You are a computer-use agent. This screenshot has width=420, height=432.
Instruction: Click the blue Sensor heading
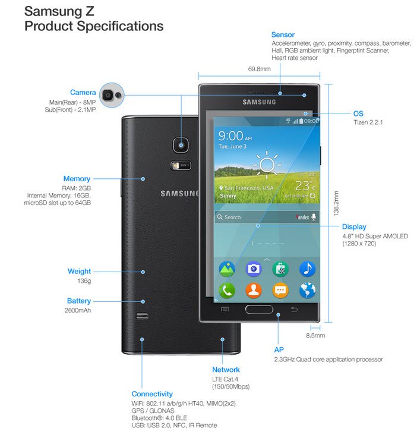(x=283, y=35)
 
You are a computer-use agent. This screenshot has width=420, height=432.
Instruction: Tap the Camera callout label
(x=83, y=92)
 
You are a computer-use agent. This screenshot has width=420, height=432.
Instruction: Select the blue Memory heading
(x=77, y=178)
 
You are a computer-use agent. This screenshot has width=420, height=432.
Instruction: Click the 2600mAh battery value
(x=78, y=310)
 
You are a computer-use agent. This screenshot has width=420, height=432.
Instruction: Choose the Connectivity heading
(x=152, y=394)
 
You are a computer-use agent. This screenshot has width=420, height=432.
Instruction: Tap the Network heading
(x=226, y=370)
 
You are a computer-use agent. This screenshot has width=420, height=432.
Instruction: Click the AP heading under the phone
(x=278, y=349)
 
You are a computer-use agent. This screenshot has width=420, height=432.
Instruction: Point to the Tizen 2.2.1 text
(x=368, y=123)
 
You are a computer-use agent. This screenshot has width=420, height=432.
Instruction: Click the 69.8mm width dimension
(x=260, y=69)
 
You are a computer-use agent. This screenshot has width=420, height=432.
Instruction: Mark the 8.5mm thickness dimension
(x=315, y=336)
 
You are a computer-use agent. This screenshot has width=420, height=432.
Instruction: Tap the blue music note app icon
(x=307, y=269)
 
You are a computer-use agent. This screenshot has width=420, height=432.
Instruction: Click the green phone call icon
(x=227, y=290)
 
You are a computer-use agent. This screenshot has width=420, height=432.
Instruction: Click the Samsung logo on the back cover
(x=180, y=193)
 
